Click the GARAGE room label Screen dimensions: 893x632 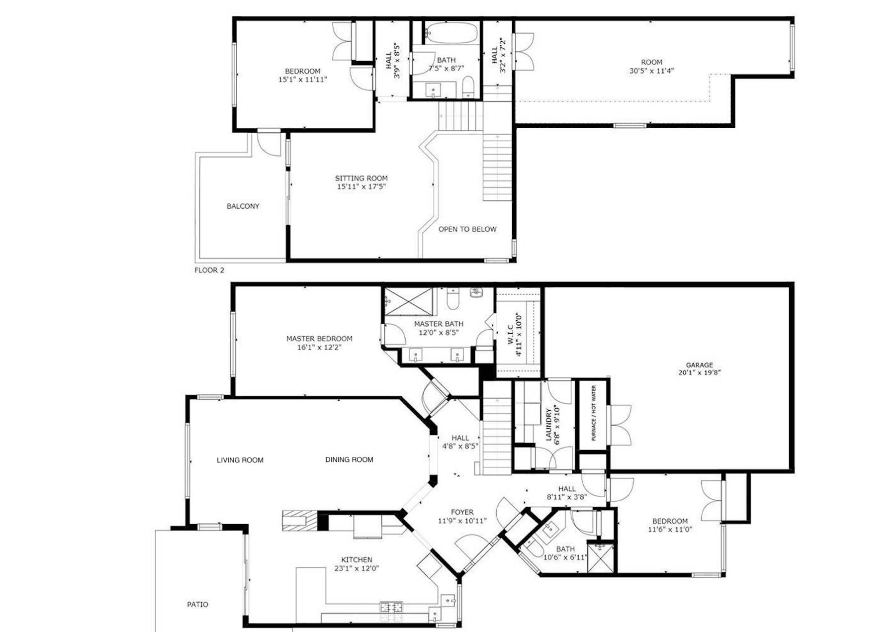[699, 364]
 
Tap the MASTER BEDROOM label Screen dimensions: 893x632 [319, 339]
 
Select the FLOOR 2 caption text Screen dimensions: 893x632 [209, 270]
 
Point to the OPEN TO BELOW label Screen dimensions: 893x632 [467, 229]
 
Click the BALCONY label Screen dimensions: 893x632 [243, 206]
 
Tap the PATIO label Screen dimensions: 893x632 [197, 605]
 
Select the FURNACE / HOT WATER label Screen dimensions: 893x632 [594, 413]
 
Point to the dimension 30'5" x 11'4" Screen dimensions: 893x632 [651, 71]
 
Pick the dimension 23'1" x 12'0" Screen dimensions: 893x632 [357, 568]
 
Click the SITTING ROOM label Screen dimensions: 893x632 [361, 178]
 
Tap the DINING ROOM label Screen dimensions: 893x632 [349, 459]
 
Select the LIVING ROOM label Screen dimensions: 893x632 [240, 460]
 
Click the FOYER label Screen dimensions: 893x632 [462, 512]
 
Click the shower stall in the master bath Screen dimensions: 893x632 [409, 301]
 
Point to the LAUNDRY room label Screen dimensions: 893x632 [549, 424]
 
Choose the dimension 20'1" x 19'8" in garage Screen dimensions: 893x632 [699, 372]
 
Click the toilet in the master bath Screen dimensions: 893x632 [453, 298]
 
